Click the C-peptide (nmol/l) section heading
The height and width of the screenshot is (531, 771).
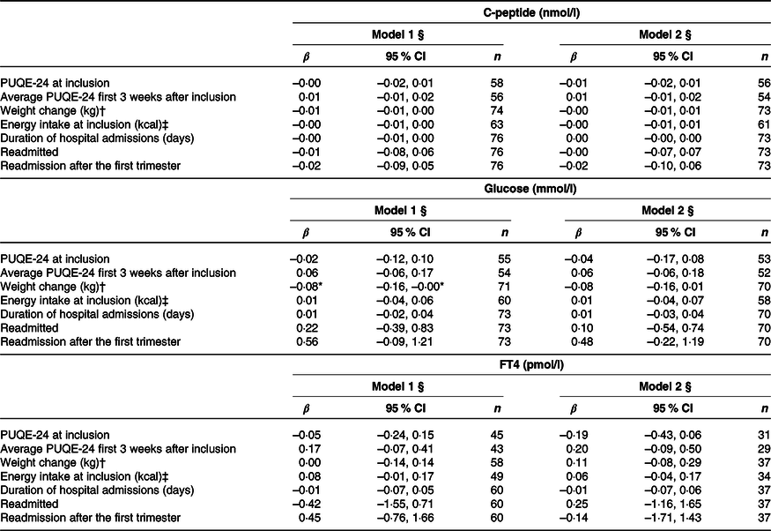[531, 13]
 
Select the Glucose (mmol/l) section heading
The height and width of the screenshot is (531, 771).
[530, 189]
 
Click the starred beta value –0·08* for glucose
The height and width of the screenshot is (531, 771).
[308, 287]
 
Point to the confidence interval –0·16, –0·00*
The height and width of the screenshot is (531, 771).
[411, 287]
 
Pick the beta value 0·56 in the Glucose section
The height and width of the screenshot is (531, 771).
[307, 341]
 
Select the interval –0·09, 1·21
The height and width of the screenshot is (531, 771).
[404, 341]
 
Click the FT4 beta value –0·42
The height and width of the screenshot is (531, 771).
[307, 504]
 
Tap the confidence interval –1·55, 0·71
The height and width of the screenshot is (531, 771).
[405, 504]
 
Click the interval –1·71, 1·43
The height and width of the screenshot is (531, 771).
[672, 518]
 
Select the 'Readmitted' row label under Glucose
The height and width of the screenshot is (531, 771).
[29, 328]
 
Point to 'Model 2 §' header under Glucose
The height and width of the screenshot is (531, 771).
[668, 211]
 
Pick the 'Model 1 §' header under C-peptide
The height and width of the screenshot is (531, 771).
[397, 34]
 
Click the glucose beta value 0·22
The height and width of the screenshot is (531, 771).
[307, 328]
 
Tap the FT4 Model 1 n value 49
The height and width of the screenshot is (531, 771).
[497, 476]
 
